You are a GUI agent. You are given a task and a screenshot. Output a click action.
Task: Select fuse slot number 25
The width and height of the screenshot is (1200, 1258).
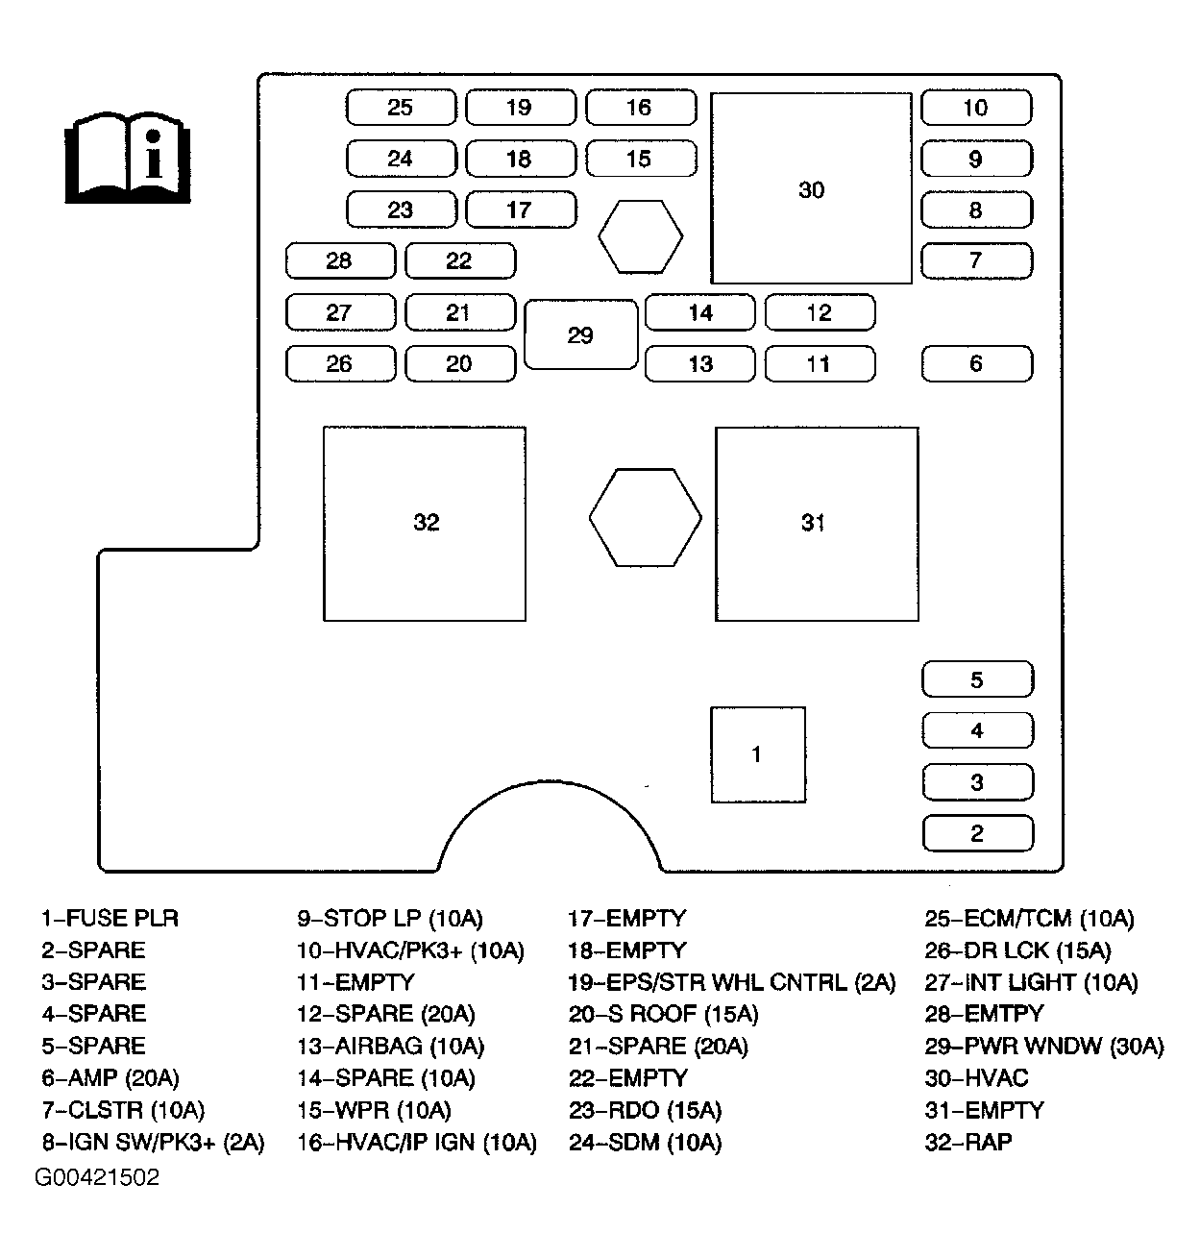pyautogui.click(x=400, y=108)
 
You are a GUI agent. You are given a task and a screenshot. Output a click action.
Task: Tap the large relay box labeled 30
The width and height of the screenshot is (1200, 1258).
pyautogui.click(x=811, y=188)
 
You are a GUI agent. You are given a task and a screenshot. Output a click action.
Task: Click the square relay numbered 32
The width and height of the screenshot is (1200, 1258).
pyautogui.click(x=425, y=523)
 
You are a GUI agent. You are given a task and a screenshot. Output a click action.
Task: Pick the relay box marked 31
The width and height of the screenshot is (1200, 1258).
pyautogui.click(x=816, y=523)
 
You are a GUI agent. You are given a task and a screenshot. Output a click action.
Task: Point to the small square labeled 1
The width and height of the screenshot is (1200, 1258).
pyautogui.click(x=757, y=754)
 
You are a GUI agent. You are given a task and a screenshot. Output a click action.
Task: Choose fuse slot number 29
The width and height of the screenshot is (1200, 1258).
pyautogui.click(x=580, y=335)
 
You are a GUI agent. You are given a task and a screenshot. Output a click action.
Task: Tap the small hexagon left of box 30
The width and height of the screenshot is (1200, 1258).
pyautogui.click(x=640, y=236)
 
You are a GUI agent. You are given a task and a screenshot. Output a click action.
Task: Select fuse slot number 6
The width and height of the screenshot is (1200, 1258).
pyautogui.click(x=976, y=363)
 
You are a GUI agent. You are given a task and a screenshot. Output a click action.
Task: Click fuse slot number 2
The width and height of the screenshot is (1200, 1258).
pyautogui.click(x=977, y=833)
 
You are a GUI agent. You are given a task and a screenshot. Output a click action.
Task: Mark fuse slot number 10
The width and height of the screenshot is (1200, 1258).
pyautogui.click(x=975, y=108)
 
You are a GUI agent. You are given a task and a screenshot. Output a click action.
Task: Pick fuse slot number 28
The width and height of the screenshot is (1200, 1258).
pyautogui.click(x=339, y=260)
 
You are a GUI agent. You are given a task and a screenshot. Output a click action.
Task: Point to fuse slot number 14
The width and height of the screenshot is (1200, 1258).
pyautogui.click(x=700, y=312)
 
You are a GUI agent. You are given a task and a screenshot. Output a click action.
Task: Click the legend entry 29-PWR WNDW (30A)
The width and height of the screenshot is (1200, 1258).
pyautogui.click(x=1043, y=1046)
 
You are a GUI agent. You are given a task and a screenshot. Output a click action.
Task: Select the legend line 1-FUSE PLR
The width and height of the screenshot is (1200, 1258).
pyautogui.click(x=110, y=918)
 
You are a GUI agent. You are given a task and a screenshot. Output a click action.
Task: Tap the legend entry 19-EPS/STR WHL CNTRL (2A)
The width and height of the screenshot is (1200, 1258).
pyautogui.click(x=731, y=982)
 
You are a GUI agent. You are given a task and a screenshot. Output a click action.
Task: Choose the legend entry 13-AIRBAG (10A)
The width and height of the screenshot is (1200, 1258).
pyautogui.click(x=390, y=1046)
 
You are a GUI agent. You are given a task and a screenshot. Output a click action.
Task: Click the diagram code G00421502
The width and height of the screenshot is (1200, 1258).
pyautogui.click(x=97, y=1177)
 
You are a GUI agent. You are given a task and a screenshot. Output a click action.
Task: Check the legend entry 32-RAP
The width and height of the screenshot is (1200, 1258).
pyautogui.click(x=967, y=1142)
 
